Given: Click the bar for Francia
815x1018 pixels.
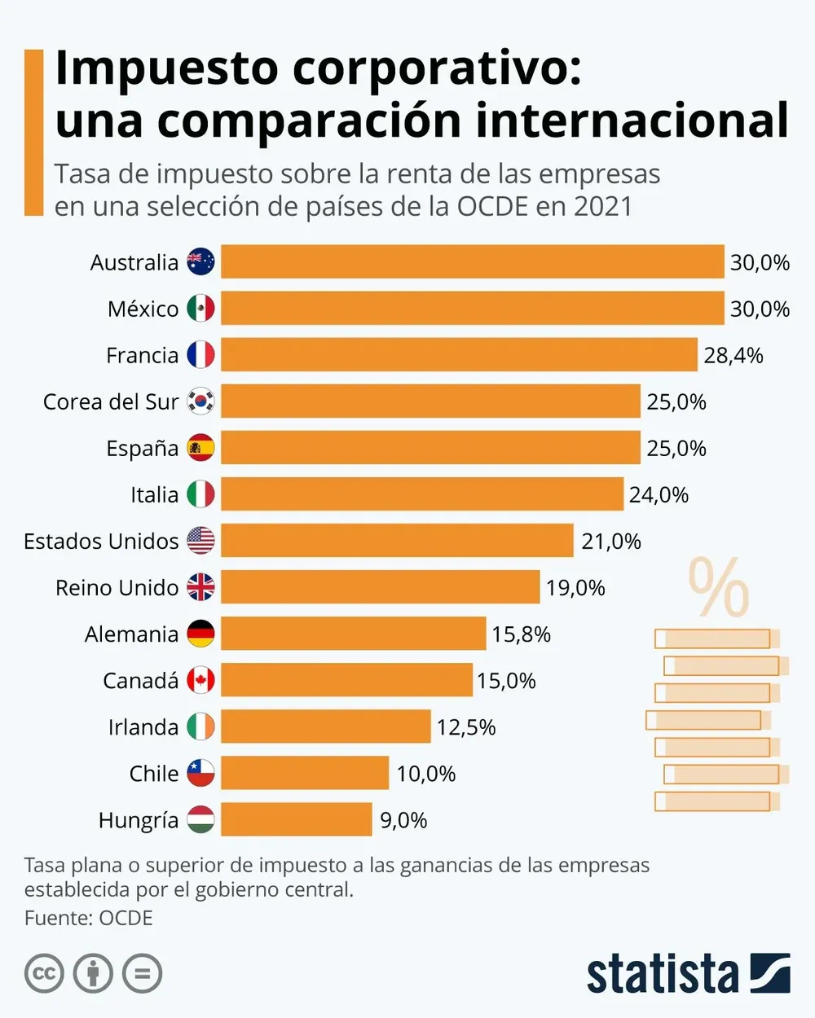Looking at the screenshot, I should tap(459, 355).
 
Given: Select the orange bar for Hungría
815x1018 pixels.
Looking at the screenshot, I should tap(297, 819).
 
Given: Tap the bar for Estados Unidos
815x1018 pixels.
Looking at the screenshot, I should tap(397, 541).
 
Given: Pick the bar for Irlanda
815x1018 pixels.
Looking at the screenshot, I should tap(325, 726).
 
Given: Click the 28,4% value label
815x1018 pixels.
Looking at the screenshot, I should tap(733, 356).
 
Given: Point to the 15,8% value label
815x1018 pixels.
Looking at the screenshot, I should tap(521, 634).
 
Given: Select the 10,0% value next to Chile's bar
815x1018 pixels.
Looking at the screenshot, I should tap(425, 774).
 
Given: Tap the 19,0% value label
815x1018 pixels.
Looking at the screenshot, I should tap(575, 588).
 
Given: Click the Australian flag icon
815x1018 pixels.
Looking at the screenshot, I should tap(200, 262).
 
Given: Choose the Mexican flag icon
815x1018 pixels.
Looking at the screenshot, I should tap(200, 309).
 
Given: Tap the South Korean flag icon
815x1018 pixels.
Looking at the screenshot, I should tap(200, 401).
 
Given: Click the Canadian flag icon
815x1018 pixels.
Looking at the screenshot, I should tap(200, 680).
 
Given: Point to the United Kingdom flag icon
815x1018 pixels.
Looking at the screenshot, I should tap(200, 587).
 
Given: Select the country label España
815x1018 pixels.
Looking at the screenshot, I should tap(142, 449).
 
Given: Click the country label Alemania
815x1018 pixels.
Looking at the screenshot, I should tap(131, 634).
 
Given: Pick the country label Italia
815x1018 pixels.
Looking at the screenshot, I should tap(154, 495).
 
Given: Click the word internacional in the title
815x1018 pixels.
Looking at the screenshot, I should tap(632, 121).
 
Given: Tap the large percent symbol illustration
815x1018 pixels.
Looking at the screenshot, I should tap(718, 587).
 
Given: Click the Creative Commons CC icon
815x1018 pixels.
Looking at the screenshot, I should tap(44, 973).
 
